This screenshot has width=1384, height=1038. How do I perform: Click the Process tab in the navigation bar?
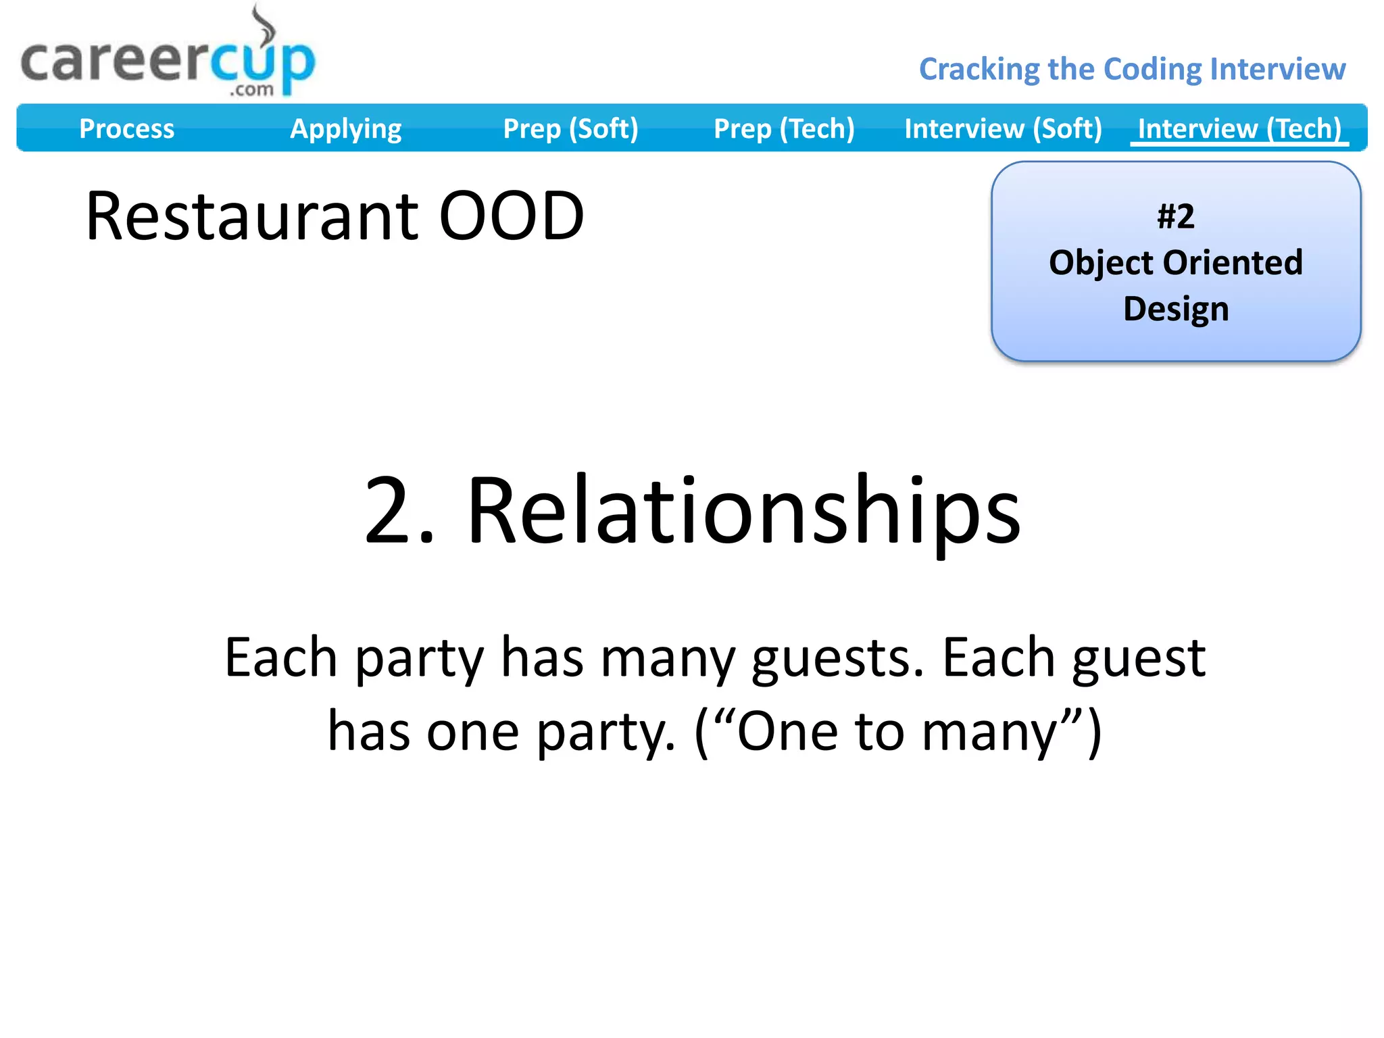[126, 128]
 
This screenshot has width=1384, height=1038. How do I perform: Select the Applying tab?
[345, 128]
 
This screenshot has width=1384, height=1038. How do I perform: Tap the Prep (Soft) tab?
[570, 128]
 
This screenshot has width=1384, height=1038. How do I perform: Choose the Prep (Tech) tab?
[784, 128]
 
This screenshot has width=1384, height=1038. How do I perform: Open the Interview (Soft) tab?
[1003, 128]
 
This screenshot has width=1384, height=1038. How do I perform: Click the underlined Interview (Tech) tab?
[1239, 128]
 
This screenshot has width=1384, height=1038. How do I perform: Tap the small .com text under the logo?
[251, 90]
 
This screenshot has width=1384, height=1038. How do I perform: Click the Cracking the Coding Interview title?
[1132, 69]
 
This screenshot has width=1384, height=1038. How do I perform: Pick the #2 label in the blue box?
[1176, 217]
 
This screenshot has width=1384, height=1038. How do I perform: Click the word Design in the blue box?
[1176, 309]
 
